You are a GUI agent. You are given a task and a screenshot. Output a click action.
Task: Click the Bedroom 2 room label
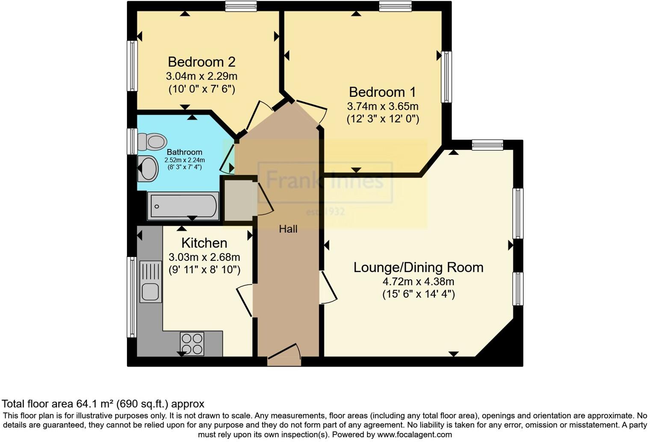coord(201,62)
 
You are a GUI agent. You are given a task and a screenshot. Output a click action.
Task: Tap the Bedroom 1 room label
coord(382,92)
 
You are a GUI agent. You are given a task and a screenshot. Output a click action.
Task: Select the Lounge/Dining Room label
coord(418,267)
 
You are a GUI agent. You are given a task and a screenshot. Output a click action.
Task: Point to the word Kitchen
coord(204,243)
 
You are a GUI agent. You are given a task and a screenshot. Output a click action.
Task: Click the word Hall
coord(288,229)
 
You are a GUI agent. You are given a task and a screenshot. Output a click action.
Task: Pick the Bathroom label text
coord(184,152)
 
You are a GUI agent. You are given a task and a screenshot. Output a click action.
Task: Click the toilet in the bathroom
coord(152,141)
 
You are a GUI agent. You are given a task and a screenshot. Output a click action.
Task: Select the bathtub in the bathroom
coord(183,206)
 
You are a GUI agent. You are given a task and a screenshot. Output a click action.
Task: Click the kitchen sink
coord(151,283)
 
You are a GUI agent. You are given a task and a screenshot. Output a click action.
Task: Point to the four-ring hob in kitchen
coord(192,344)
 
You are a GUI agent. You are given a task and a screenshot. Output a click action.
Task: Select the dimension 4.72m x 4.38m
coord(418,282)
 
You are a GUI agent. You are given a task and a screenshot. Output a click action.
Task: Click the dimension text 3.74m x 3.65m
coord(382,106)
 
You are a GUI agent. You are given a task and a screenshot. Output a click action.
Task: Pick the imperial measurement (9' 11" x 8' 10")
coord(204,270)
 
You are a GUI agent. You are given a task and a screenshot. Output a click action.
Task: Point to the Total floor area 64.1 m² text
coord(103,403)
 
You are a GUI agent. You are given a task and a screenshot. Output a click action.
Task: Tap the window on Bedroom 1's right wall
coord(446,77)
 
